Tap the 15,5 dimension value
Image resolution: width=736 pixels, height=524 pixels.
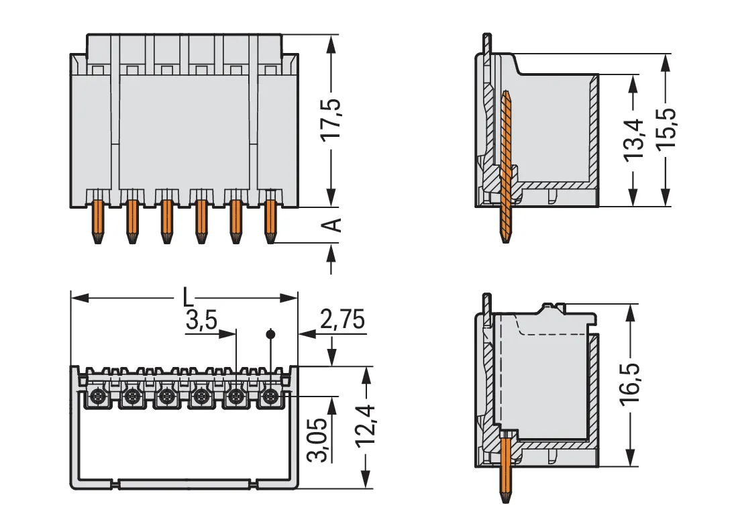pyautogui.click(x=665, y=129)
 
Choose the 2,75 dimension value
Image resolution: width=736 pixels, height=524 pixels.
pyautogui.click(x=342, y=320)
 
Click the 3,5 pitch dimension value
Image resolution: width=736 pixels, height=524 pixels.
pyautogui.click(x=201, y=320)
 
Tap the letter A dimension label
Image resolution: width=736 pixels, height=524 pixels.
pyautogui.click(x=333, y=225)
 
